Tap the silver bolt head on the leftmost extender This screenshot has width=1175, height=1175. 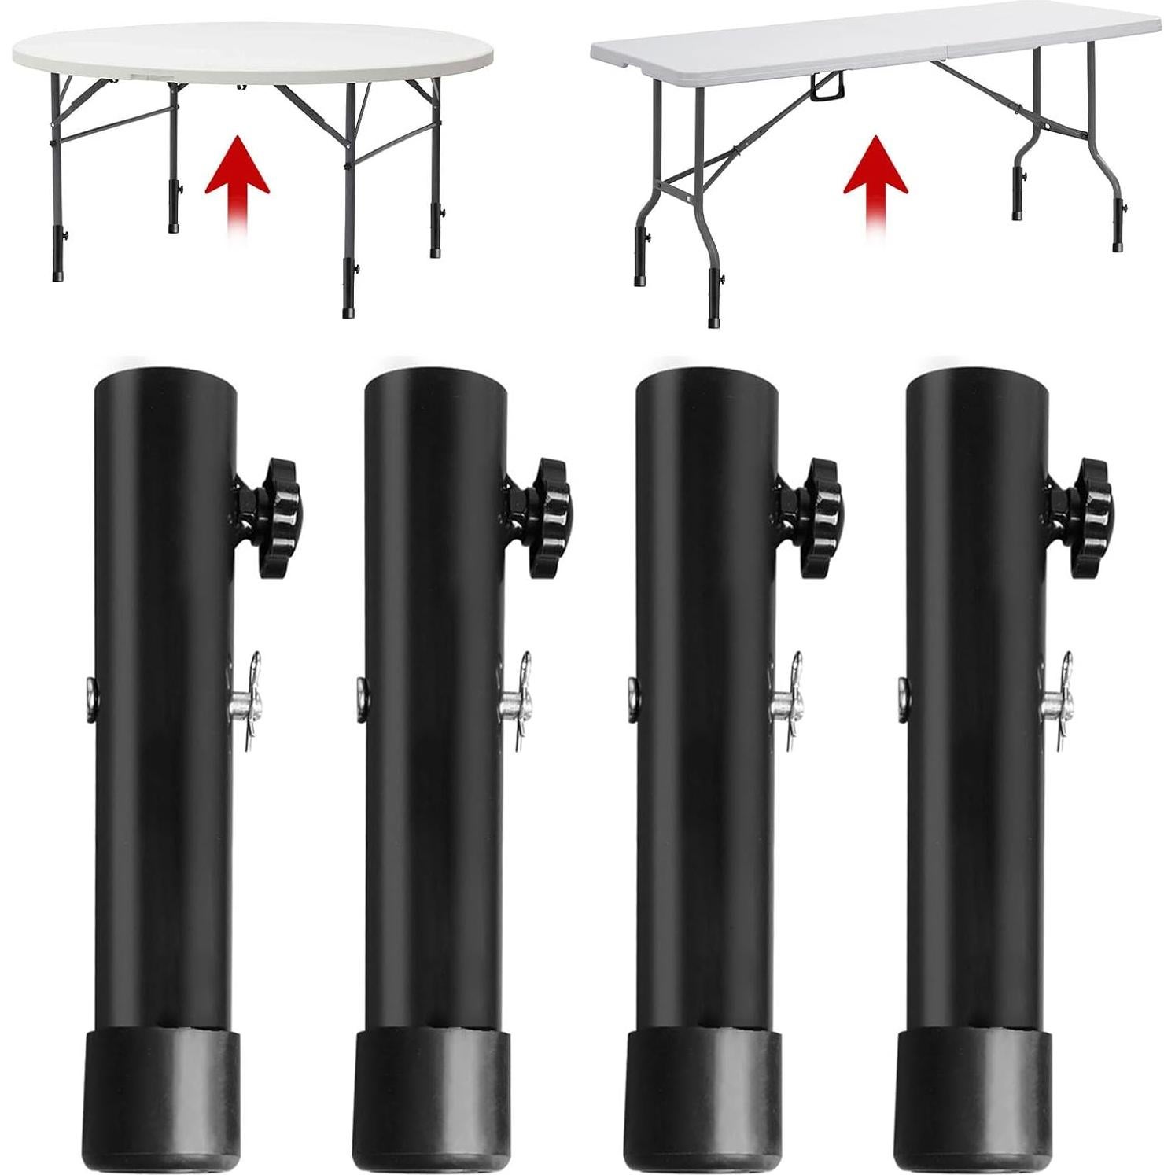(x=90, y=695)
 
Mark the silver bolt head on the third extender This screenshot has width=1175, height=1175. (x=632, y=695)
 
